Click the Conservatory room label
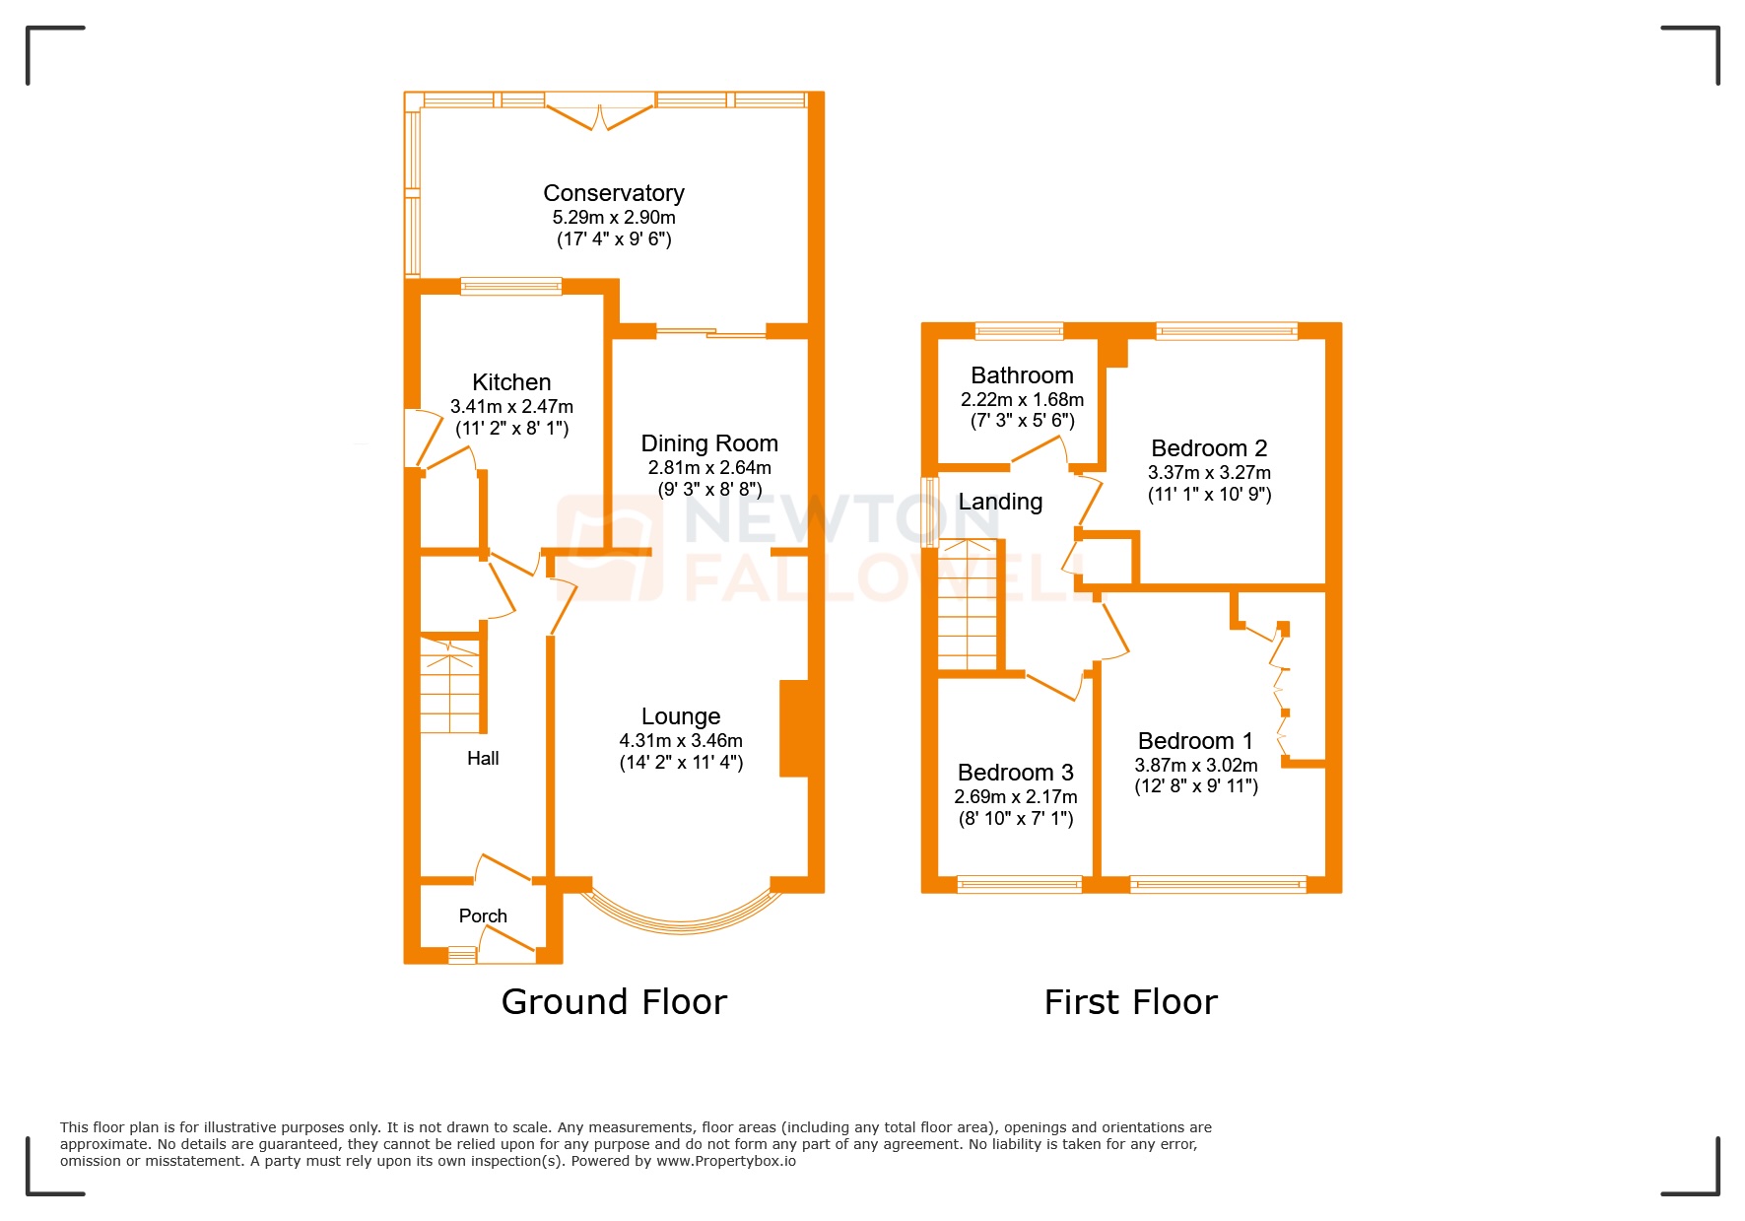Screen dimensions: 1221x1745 coord(613,193)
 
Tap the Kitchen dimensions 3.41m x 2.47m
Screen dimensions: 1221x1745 coord(511,406)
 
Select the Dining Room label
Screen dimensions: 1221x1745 coord(708,443)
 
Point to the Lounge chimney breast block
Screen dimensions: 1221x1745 coord(794,728)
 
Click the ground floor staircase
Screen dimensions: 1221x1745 coord(451,685)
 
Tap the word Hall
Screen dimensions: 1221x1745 coord(483,758)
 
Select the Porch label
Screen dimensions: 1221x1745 coord(483,916)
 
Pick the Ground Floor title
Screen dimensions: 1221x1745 coord(614,1002)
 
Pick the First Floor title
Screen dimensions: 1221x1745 coord(1130,1002)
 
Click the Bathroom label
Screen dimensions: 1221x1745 coord(1022,375)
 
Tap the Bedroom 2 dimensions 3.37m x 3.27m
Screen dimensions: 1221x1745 coord(1209,473)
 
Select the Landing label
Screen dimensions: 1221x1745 coord(1000,502)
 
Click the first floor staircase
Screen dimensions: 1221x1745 coord(968,605)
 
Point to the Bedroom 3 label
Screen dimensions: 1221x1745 coord(1015,773)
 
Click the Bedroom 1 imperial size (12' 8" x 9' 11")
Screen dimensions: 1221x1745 coord(1195,786)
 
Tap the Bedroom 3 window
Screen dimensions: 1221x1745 coord(1019,884)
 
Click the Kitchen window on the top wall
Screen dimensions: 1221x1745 coord(510,287)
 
